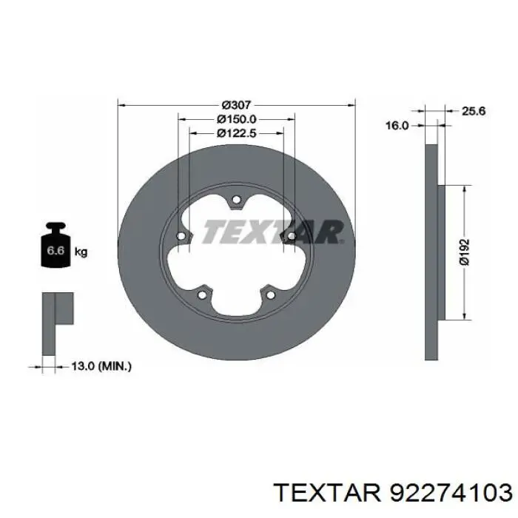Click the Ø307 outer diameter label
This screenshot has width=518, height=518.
point(236,105)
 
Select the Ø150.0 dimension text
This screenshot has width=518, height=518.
point(237,119)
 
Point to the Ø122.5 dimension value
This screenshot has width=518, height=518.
point(237,133)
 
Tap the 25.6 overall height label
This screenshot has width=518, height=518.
point(474,111)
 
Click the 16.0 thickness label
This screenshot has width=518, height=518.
point(397,126)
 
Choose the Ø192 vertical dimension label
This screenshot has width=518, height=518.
point(464,252)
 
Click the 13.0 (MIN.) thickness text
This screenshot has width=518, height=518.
point(101,366)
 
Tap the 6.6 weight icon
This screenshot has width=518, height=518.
point(55,244)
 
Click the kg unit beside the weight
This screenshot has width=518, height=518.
point(81,252)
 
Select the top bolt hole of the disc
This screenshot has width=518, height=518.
point(236,200)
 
